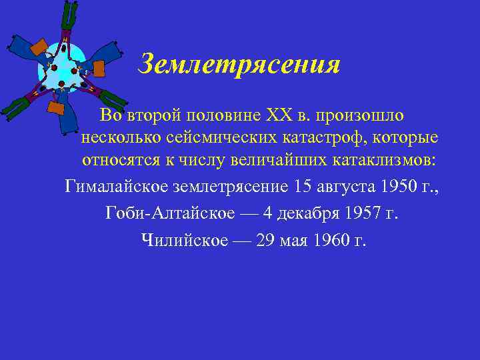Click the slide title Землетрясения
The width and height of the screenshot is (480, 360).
coord(239,65)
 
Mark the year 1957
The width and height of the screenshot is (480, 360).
coord(361,213)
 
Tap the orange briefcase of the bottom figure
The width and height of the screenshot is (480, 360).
coord(57,109)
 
